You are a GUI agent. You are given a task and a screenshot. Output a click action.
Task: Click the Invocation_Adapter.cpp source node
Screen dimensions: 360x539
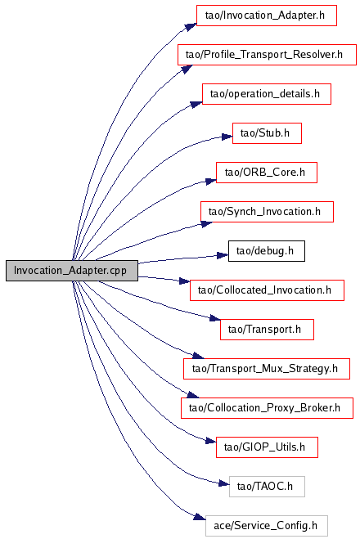pos(72,271)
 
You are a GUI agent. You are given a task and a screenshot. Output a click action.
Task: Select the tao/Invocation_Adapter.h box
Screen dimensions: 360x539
pos(266,16)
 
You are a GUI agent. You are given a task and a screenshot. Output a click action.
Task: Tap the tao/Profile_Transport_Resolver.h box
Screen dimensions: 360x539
pos(267,55)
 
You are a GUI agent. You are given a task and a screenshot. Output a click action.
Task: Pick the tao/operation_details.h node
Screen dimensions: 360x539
pos(267,94)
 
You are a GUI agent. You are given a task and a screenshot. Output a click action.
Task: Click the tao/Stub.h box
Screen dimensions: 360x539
pos(267,133)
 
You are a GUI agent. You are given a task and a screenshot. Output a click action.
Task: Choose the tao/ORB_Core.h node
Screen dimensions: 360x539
pos(267,173)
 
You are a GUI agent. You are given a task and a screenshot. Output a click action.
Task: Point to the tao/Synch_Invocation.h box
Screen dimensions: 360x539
pos(267,212)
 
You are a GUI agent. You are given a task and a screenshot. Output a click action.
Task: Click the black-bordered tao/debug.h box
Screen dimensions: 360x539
pos(267,251)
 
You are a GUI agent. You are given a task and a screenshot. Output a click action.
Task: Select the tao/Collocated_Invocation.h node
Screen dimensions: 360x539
pos(267,290)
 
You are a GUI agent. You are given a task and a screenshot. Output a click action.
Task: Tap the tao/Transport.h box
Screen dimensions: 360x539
pos(267,330)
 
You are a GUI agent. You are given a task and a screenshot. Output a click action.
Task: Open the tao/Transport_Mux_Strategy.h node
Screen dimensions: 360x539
pos(267,369)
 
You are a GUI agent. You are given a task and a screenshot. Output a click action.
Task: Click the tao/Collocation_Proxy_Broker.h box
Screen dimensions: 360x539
pos(267,408)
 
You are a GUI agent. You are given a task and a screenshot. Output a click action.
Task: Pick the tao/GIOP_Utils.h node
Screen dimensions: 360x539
pos(267,447)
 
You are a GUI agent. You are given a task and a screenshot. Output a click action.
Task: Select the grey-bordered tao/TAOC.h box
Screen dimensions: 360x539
pos(267,487)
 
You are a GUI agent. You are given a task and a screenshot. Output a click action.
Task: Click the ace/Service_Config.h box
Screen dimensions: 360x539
pos(267,526)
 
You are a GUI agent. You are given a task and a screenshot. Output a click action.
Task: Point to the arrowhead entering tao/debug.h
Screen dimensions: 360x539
pos(223,255)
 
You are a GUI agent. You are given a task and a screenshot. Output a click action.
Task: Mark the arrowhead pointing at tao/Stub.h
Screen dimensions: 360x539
pos(227,137)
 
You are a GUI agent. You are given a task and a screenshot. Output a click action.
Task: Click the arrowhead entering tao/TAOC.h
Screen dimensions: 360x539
pos(224,483)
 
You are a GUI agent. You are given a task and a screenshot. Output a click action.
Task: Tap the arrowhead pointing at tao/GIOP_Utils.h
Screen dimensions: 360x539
pos(210,441)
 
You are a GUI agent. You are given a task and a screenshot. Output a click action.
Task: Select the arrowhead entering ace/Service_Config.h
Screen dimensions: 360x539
pos(200,517)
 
